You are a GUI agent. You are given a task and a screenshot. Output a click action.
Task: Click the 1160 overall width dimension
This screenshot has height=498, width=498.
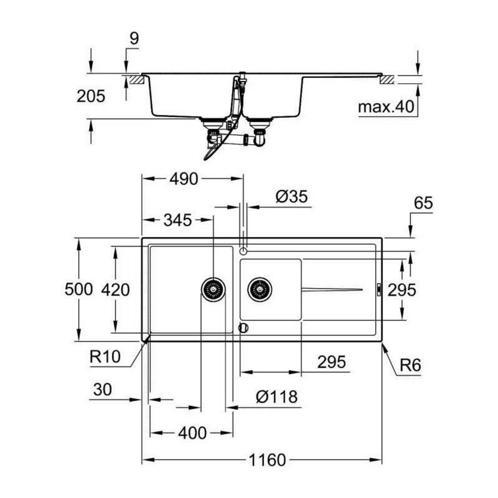pyautogui.click(x=267, y=460)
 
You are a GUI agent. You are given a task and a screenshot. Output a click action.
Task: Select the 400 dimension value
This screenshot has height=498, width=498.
pyautogui.click(x=192, y=433)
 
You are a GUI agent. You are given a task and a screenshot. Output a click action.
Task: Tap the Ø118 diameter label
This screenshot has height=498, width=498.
pyautogui.click(x=277, y=397)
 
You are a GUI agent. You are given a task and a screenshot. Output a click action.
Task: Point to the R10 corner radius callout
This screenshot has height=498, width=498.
pyautogui.click(x=105, y=356)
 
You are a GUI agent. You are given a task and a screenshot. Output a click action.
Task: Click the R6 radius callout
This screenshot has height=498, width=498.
pyautogui.click(x=410, y=365)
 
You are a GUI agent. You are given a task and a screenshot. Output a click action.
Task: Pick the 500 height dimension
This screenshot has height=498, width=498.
pyautogui.click(x=78, y=289)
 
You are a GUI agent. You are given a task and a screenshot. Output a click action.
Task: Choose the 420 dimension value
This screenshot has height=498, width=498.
pyautogui.click(x=115, y=289)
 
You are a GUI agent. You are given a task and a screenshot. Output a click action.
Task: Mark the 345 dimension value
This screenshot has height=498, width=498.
pyautogui.click(x=177, y=220)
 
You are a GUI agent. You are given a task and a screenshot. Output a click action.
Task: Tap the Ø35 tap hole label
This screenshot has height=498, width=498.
pyautogui.click(x=292, y=196)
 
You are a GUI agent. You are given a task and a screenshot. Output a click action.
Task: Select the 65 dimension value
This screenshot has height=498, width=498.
pyautogui.click(x=423, y=203)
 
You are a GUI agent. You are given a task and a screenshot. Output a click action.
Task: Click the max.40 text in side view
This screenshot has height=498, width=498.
pyautogui.click(x=386, y=107)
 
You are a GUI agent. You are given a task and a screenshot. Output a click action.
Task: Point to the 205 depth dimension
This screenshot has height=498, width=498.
pyautogui.click(x=91, y=96)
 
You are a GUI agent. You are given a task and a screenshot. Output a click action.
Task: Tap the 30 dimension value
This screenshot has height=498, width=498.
pyautogui.click(x=103, y=390)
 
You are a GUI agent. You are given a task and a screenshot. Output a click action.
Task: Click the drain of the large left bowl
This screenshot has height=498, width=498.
pyautogui.click(x=213, y=288)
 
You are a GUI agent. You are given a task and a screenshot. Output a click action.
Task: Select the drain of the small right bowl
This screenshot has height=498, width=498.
pyautogui.click(x=260, y=288)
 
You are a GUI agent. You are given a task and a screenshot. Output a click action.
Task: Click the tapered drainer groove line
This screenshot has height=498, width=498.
pyautogui.click(x=332, y=289)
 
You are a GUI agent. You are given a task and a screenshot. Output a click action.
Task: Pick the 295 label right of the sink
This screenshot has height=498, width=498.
pyautogui.click(x=401, y=290)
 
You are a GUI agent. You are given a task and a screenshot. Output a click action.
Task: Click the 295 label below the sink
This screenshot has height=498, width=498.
pyautogui.click(x=331, y=362)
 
